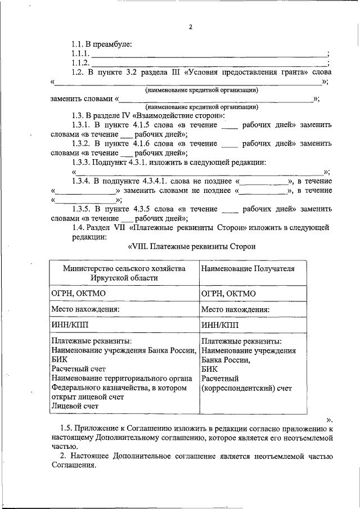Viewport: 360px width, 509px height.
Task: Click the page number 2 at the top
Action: coord(191,26)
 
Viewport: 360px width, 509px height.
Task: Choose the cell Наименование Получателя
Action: coord(247,269)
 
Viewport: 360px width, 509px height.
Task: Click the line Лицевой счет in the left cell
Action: coord(74,405)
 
